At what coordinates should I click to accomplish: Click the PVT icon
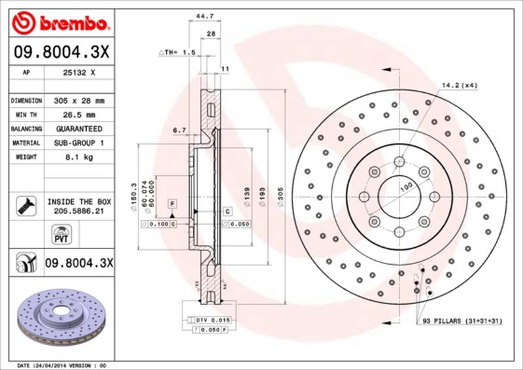(x=59, y=233)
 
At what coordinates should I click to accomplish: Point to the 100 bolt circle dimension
(x=406, y=187)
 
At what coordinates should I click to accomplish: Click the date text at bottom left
(x=59, y=365)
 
